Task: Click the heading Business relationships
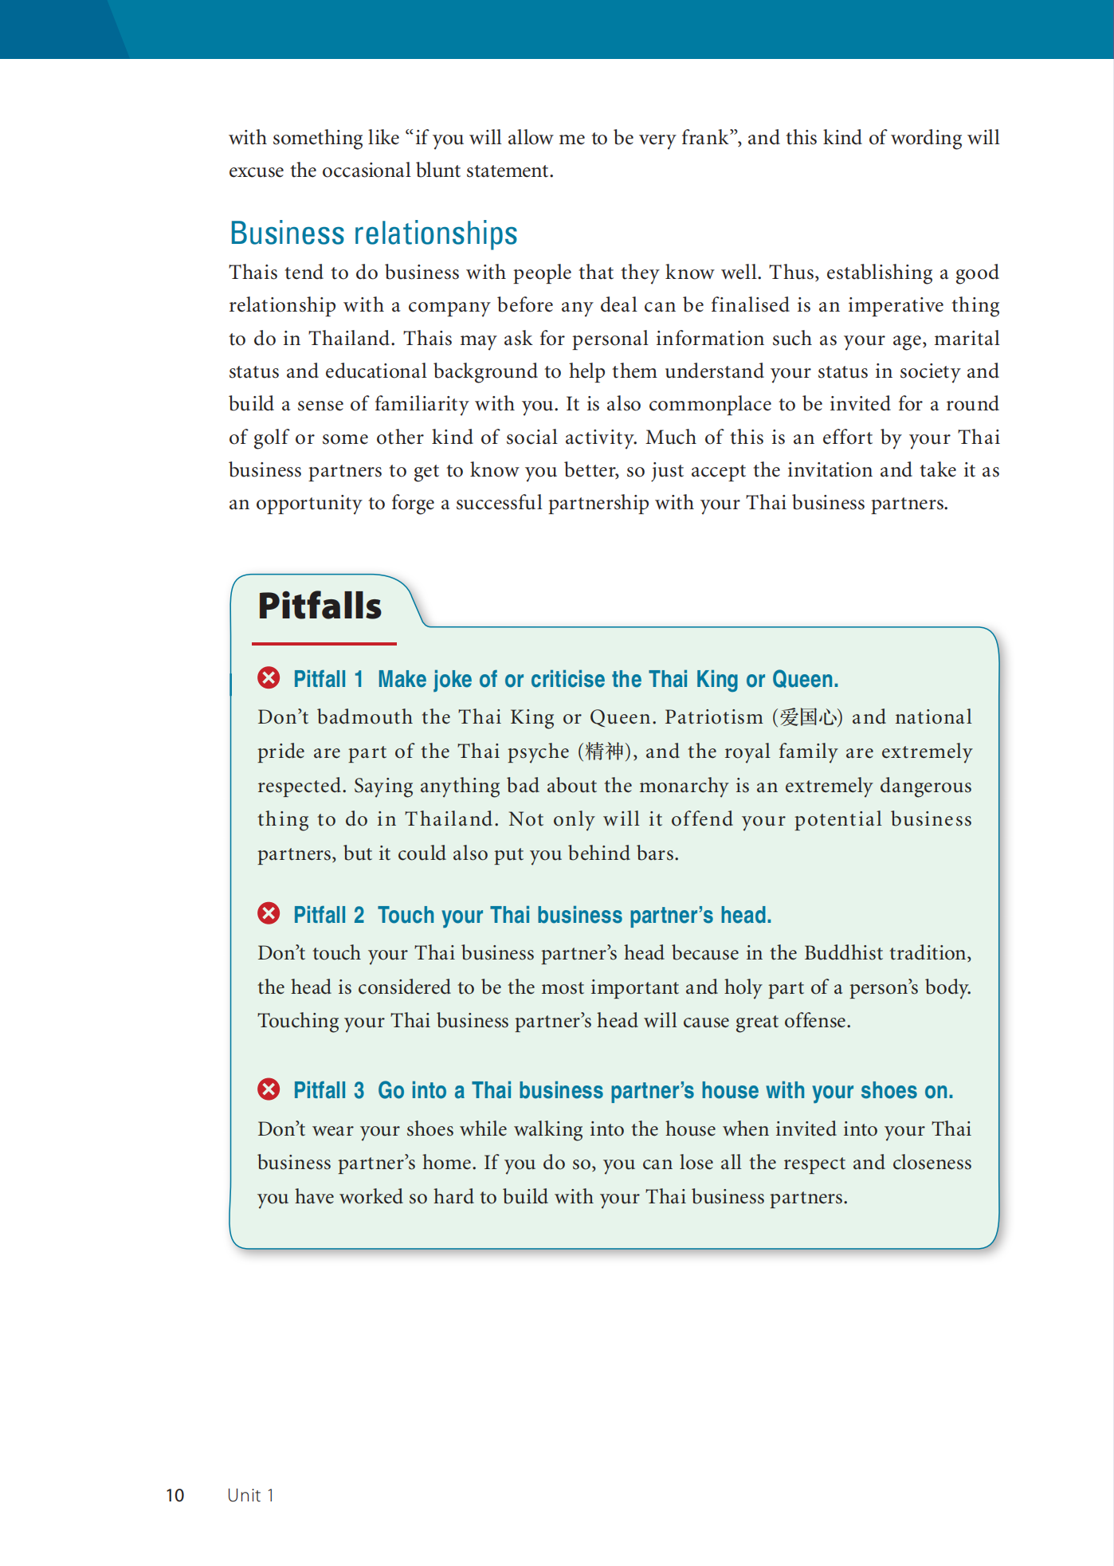coord(373,234)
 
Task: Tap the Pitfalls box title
coord(320,606)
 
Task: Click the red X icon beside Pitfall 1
coord(269,678)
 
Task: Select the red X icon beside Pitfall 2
coord(269,913)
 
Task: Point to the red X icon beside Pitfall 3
coord(269,1089)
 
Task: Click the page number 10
coord(175,1495)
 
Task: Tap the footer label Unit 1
coord(250,1495)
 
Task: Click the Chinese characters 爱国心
coord(807,717)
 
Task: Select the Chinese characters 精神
coord(603,752)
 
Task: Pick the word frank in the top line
coord(704,138)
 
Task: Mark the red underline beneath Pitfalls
coord(324,643)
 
